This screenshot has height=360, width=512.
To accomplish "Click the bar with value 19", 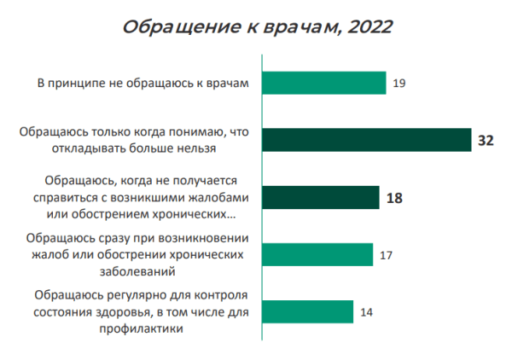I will (x=323, y=83).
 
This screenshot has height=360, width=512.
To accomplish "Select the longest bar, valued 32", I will (x=366, y=140).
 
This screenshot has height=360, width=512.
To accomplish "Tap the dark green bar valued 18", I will (x=320, y=197).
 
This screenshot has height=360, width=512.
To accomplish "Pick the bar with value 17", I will (x=317, y=254).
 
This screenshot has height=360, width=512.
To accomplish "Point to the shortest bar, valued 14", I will (x=306, y=311).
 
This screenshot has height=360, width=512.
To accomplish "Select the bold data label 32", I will (x=486, y=141).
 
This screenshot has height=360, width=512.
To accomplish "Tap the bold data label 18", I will (x=393, y=198).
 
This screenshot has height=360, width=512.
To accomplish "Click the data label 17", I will (x=387, y=255).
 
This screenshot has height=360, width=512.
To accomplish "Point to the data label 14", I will (x=367, y=312).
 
